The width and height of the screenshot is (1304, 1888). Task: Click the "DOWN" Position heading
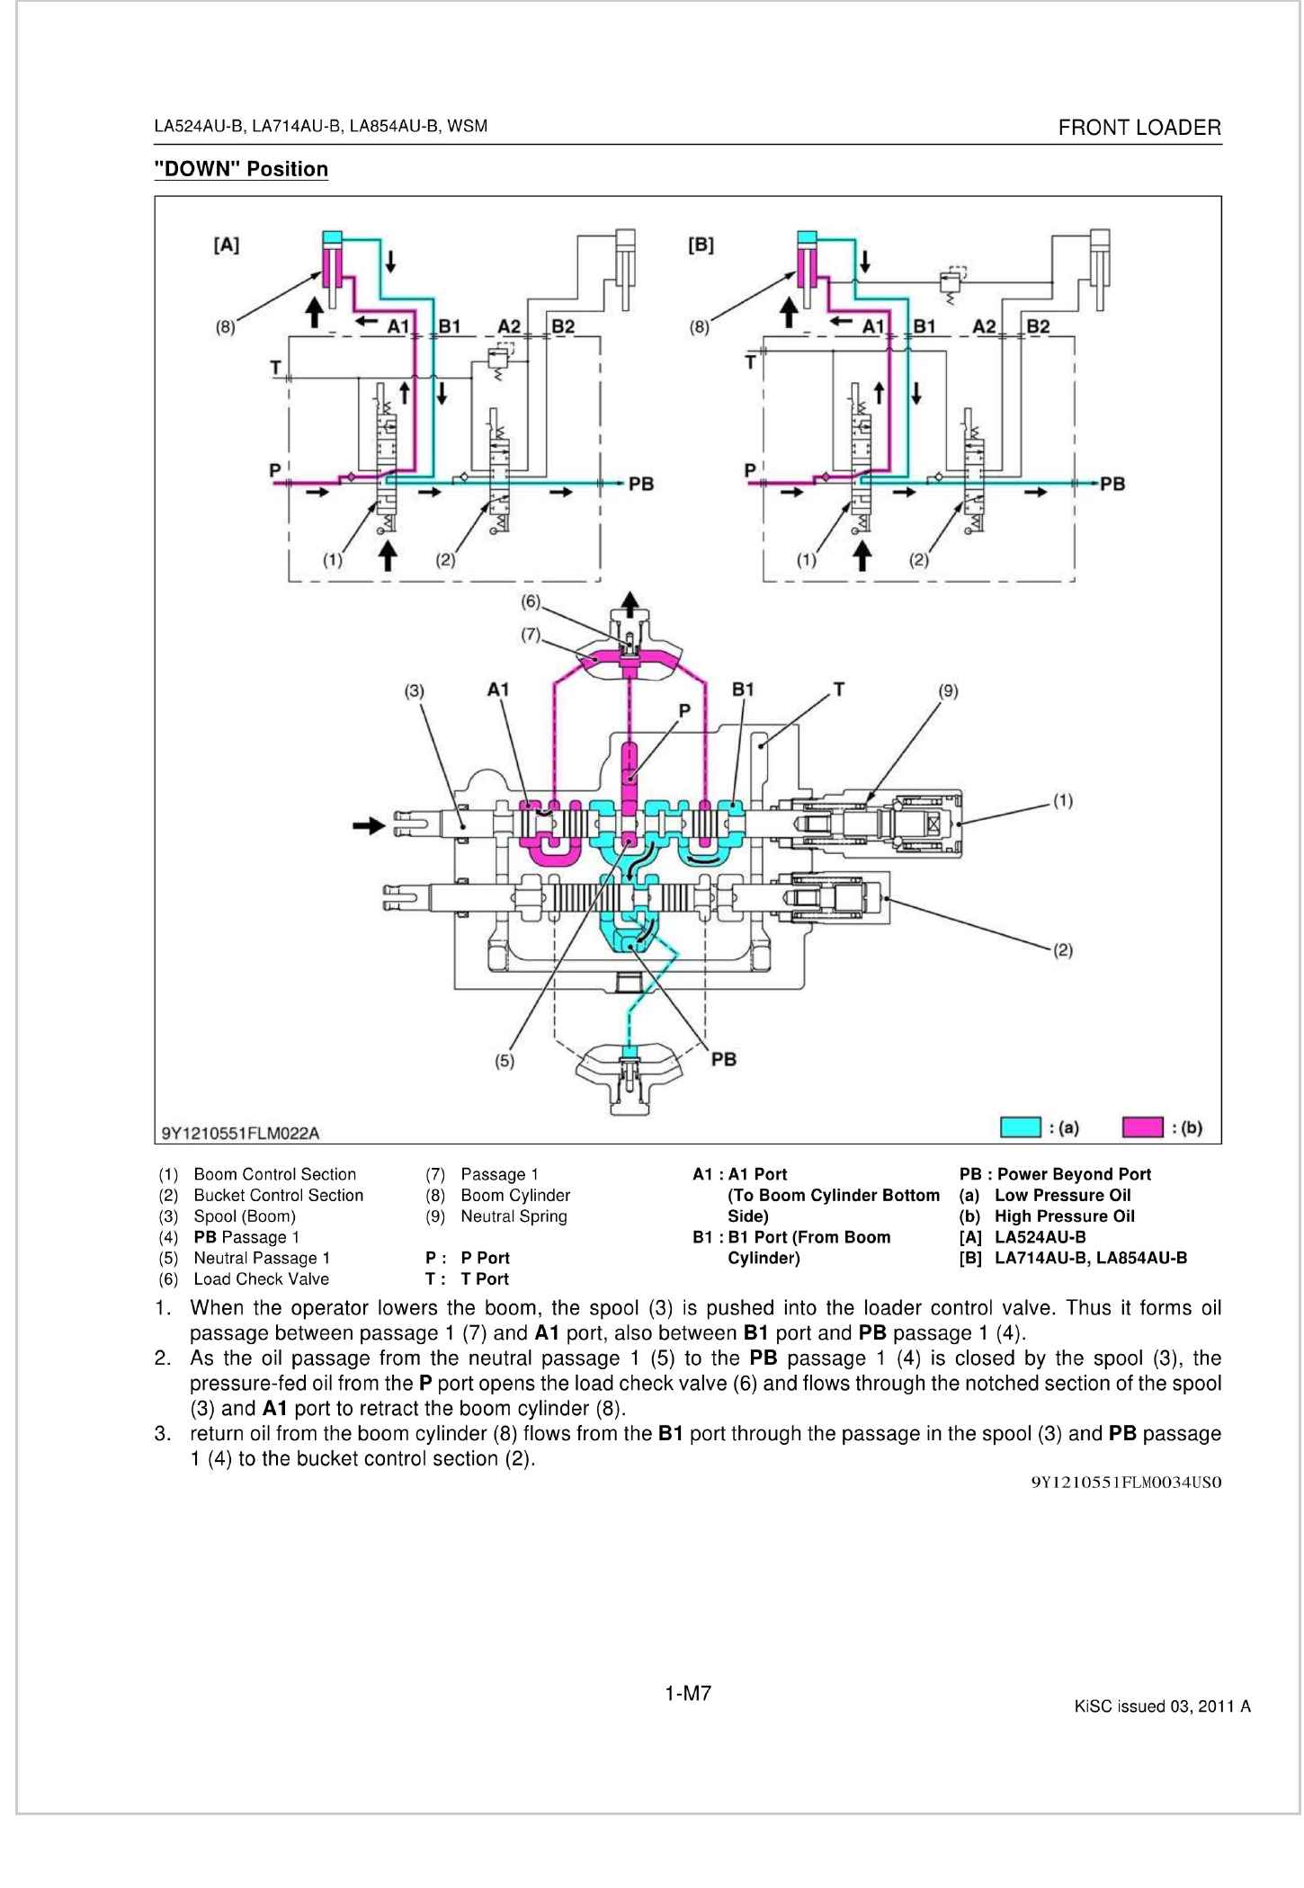click(241, 169)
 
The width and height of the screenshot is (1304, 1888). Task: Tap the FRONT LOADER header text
click(1139, 128)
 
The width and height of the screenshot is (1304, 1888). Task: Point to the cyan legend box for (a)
click(1021, 1127)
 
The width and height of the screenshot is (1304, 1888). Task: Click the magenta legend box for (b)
click(1144, 1127)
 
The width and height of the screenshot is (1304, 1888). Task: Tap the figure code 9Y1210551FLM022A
click(240, 1132)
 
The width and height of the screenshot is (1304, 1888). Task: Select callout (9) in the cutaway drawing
click(948, 690)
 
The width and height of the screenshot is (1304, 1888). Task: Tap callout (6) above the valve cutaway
click(531, 600)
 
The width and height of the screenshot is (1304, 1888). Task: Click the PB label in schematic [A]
click(640, 484)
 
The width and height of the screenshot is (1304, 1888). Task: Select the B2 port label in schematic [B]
click(1038, 325)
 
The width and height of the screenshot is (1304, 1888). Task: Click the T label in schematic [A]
click(274, 367)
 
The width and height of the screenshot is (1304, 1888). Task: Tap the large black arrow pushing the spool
click(367, 824)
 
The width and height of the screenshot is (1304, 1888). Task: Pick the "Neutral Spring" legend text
click(514, 1216)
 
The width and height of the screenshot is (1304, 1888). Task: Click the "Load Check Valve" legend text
click(261, 1279)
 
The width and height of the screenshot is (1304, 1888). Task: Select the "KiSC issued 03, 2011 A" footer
click(1162, 1706)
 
